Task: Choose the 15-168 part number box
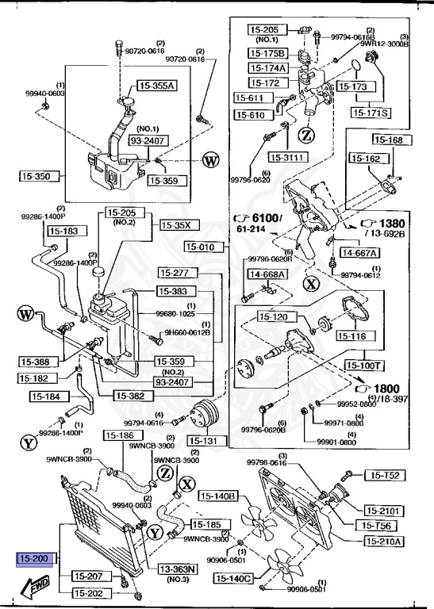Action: [x=389, y=140]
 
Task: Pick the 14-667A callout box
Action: [x=359, y=253]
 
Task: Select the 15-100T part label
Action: [x=363, y=366]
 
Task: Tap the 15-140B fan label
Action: [x=218, y=496]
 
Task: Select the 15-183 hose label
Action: [x=64, y=232]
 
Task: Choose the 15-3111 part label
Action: [x=287, y=157]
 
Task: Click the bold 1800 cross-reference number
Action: [x=388, y=389]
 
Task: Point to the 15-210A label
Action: [x=385, y=542]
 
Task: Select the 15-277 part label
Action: [x=178, y=274]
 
